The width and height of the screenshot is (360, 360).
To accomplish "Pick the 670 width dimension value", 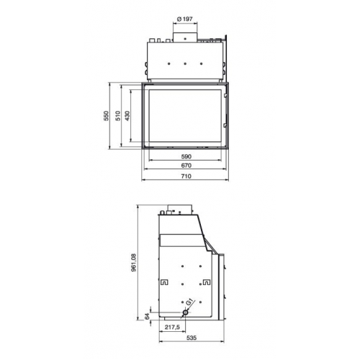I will (186, 166).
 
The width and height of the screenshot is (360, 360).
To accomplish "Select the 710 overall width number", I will (186, 176).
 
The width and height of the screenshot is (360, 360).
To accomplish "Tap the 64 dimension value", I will (148, 316).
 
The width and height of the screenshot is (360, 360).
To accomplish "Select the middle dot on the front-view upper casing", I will (186, 63).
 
